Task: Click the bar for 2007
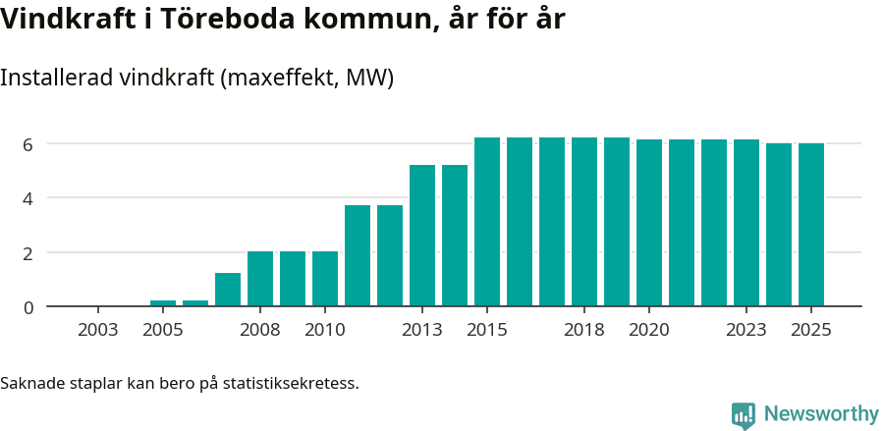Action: point(228,290)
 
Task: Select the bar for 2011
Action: point(358,256)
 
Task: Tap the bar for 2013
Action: point(422,236)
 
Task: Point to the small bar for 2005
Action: point(163,303)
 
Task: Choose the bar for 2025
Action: point(811,225)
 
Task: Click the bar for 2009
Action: point(293,279)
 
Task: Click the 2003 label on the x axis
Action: point(98,329)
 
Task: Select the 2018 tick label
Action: point(584,329)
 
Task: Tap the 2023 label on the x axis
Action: point(746,329)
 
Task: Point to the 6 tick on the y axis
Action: point(28,144)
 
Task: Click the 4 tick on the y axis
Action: point(28,198)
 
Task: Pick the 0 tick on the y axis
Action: point(28,307)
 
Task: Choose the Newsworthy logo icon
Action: point(744,414)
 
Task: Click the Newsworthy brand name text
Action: point(821,414)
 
